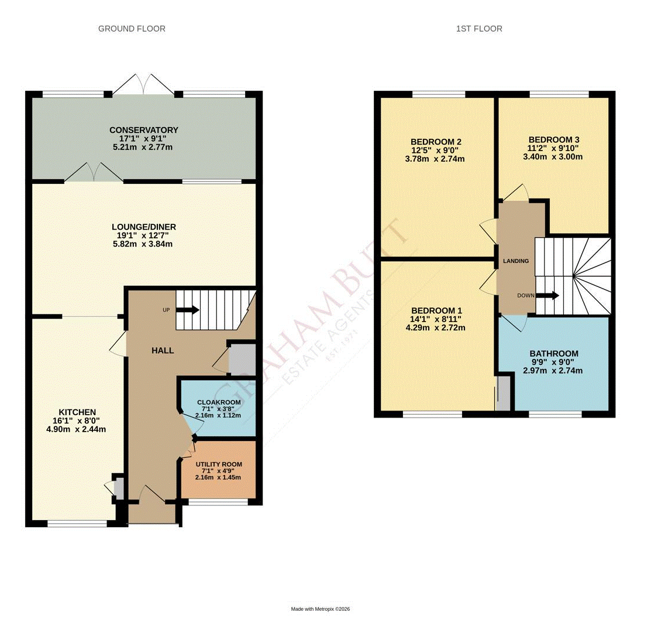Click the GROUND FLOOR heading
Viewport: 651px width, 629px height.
(x=132, y=29)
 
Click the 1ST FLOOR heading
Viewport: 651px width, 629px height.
(x=479, y=29)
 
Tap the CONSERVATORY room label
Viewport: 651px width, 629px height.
(x=143, y=130)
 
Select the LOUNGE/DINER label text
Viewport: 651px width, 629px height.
(x=144, y=227)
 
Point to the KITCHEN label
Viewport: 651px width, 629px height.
(x=77, y=412)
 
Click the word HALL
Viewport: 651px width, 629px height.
(x=163, y=350)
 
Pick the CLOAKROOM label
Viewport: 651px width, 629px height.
(x=218, y=402)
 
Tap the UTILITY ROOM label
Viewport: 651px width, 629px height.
(x=218, y=464)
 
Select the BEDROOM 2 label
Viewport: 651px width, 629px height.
(x=436, y=142)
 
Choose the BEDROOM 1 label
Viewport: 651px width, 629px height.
(x=436, y=310)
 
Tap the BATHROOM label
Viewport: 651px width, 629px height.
(x=553, y=354)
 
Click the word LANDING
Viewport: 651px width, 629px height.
(x=516, y=261)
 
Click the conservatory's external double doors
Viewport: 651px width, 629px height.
(x=143, y=85)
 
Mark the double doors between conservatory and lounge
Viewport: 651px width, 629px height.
(x=94, y=173)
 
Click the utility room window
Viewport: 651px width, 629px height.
(x=218, y=502)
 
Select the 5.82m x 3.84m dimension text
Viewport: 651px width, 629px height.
(x=144, y=244)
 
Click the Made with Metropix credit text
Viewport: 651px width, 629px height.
(x=321, y=609)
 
